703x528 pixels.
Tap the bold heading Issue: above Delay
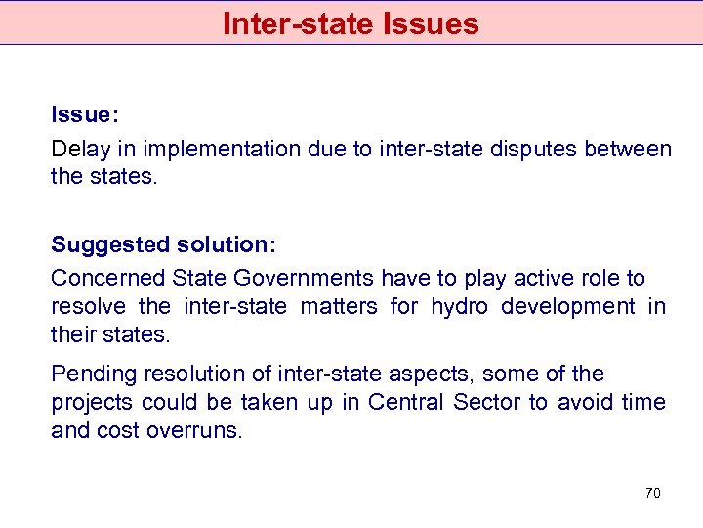point(85,114)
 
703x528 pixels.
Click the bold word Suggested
point(104,243)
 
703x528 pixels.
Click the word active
point(539,278)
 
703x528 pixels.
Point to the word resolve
point(88,306)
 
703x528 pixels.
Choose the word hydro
point(458,306)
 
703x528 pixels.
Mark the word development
point(567,306)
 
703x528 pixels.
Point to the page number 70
point(653,493)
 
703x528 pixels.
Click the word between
point(630,149)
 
